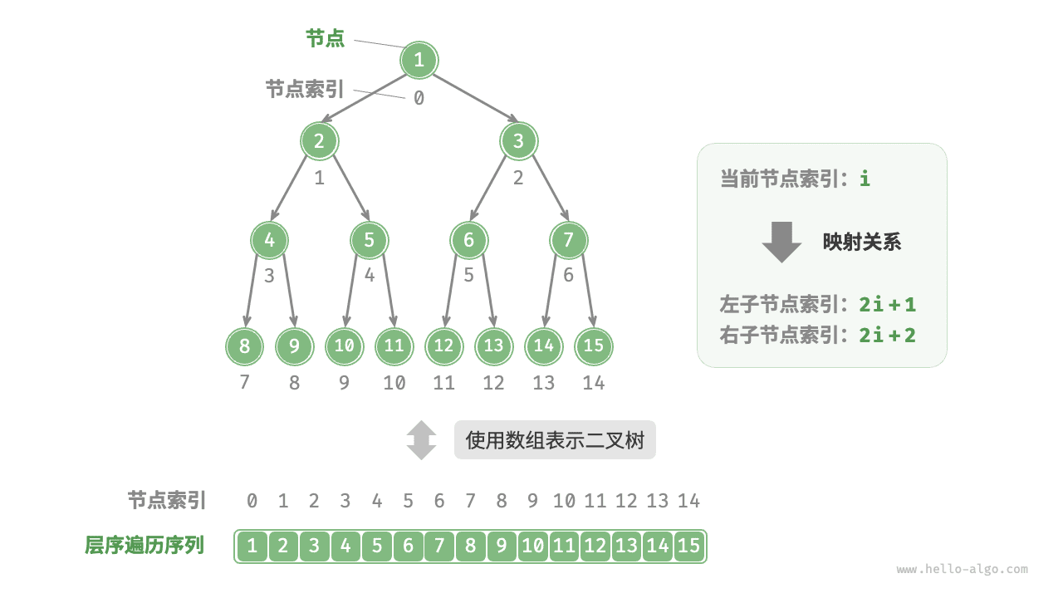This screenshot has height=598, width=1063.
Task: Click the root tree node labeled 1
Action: (x=419, y=60)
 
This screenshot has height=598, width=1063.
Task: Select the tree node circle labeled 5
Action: (x=369, y=241)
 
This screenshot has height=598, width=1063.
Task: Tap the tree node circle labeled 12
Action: (x=443, y=346)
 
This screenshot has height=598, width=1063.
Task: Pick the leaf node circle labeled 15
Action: (x=593, y=346)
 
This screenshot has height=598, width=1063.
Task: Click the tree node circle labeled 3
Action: (x=518, y=141)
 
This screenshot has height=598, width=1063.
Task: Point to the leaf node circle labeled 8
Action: (x=244, y=346)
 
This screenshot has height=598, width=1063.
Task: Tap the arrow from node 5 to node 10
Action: (x=352, y=291)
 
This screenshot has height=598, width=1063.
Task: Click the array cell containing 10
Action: (x=533, y=547)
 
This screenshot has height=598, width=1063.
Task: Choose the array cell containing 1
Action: (x=252, y=547)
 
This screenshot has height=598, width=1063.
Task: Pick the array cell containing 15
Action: (x=689, y=547)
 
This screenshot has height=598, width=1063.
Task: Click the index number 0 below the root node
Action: (x=419, y=98)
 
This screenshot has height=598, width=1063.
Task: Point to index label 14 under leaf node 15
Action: (x=593, y=384)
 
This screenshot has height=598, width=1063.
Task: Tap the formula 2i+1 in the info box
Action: (x=888, y=305)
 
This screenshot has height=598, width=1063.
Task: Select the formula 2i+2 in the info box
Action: (x=888, y=335)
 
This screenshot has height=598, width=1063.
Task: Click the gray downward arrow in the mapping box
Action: (x=781, y=242)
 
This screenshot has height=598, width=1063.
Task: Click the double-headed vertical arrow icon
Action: (x=421, y=440)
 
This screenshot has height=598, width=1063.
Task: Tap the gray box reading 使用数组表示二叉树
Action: (x=555, y=440)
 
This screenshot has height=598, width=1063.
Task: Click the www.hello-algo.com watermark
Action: (x=962, y=570)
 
